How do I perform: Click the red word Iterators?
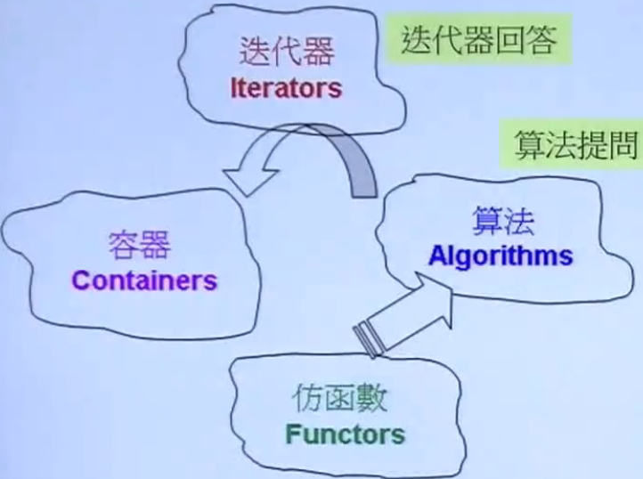(286, 88)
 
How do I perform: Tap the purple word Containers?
(144, 280)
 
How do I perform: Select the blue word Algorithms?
(501, 256)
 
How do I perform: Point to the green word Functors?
(345, 434)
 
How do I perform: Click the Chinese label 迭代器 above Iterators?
(287, 51)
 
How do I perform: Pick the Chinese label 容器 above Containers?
(140, 245)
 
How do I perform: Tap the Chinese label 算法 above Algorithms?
(503, 221)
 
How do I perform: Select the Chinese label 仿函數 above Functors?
(339, 398)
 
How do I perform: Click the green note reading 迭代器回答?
(479, 39)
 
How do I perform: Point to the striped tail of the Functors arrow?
(368, 339)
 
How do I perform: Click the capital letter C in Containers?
(81, 280)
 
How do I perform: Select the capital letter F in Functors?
(292, 434)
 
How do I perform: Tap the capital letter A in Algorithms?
(437, 256)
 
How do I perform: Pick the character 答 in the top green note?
(542, 40)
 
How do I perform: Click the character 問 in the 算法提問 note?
(623, 144)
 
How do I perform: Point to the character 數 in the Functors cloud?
(371, 398)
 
